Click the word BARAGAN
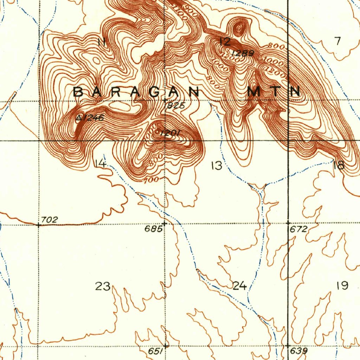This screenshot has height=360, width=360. point(137,92)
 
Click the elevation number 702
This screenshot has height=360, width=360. point(49,220)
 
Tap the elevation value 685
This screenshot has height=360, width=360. point(153,229)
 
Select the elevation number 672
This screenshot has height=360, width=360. point(299,230)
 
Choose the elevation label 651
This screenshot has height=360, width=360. point(155,351)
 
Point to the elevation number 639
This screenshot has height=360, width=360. point(299,351)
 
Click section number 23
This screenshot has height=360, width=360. point(103,286)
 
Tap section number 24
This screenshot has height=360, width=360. point(239,286)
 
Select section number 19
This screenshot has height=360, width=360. point(342,285)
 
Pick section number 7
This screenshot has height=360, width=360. point(338,41)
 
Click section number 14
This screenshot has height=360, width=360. point(101,163)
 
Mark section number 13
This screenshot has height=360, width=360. point(217,166)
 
